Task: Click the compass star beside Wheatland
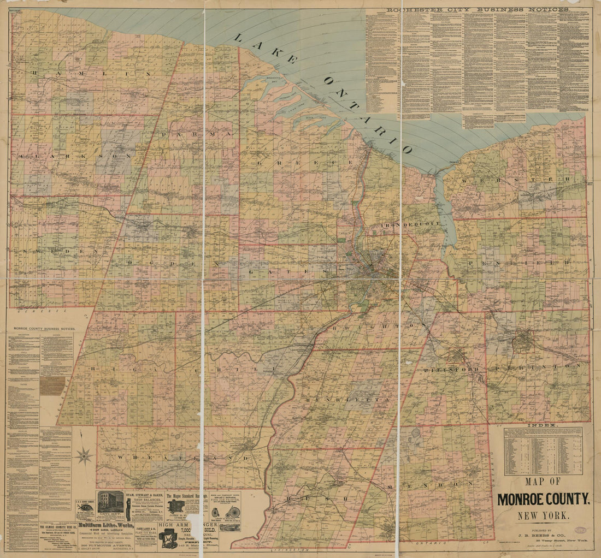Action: pyautogui.click(x=85, y=455)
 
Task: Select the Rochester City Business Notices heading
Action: pyautogui.click(x=478, y=9)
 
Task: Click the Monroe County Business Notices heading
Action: pyautogui.click(x=49, y=329)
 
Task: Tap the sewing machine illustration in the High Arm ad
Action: pyautogui.click(x=168, y=538)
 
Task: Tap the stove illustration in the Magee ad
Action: pyautogui.click(x=175, y=507)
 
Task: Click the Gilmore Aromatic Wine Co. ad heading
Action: pyautogui.click(x=56, y=527)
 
